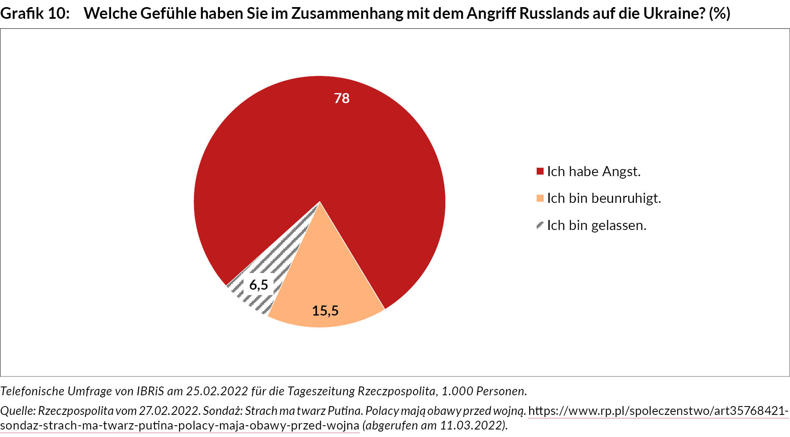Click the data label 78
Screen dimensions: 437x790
pos(341,98)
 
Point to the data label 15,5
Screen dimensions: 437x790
pos(325,311)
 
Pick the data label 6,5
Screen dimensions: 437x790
pos(258,285)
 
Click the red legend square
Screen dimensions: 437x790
pos(540,171)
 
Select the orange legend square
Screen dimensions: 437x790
pos(540,198)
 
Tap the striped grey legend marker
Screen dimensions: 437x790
pos(540,225)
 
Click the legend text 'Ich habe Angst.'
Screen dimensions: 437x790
pos(593,171)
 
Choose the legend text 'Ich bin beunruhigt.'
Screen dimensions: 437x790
pos(604,198)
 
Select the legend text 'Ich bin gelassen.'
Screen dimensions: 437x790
pos(596,225)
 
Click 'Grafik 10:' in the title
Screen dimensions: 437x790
pos(35,13)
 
